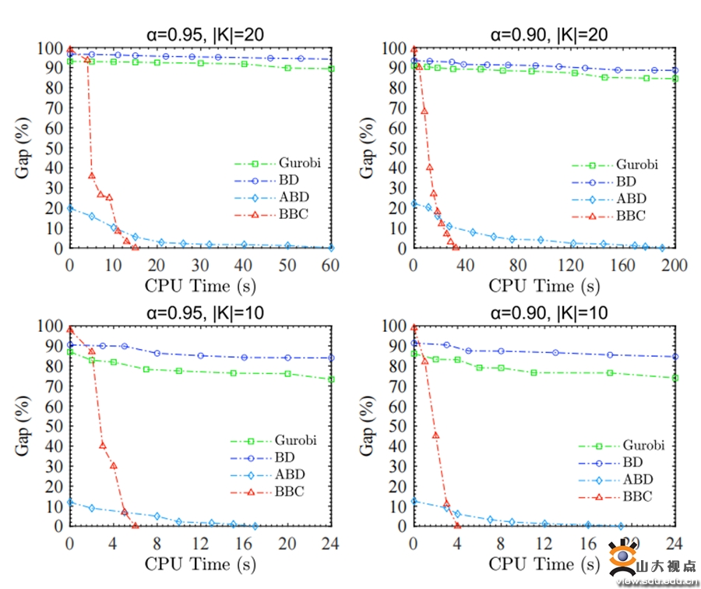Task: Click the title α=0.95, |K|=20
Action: (202, 34)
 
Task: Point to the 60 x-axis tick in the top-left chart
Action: (331, 265)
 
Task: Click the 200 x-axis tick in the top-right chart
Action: (675, 265)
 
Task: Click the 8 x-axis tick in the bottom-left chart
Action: (157, 542)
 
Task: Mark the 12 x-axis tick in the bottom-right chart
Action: (544, 542)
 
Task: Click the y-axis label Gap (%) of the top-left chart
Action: (23, 148)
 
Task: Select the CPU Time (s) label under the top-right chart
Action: (544, 285)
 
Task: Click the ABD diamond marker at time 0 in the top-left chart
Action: (70, 208)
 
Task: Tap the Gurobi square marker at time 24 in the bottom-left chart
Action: (331, 379)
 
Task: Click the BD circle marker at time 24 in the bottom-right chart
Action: (675, 357)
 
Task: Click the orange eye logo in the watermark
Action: (620, 559)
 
